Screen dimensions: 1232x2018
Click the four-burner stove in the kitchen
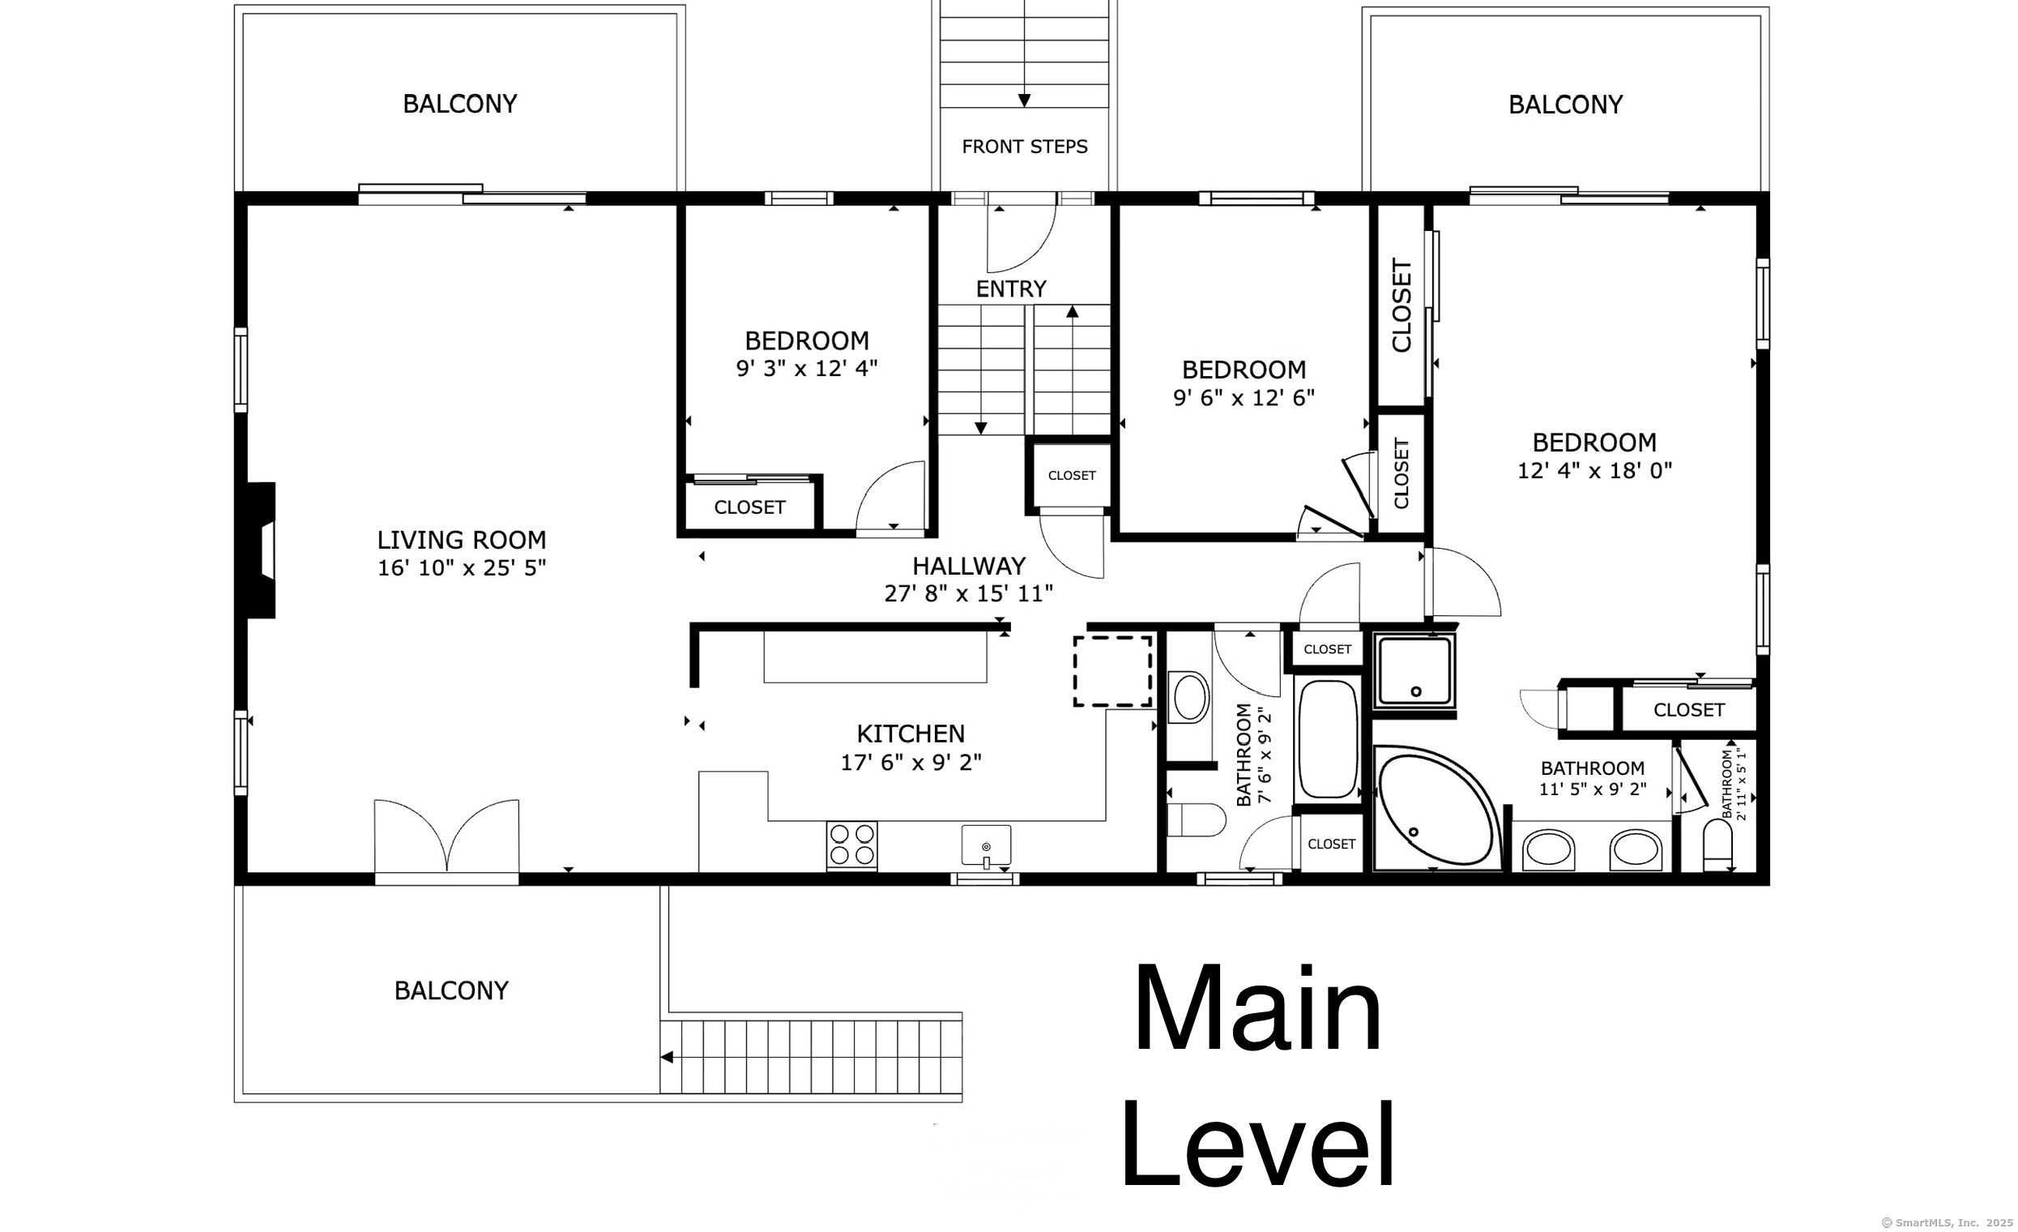(x=851, y=845)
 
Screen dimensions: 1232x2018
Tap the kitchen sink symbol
(x=986, y=846)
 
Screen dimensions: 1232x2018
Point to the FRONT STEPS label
(x=1025, y=147)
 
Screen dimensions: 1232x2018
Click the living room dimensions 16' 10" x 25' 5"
(x=461, y=567)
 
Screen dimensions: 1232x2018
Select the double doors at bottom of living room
(x=446, y=837)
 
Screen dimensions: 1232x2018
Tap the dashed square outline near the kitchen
(x=1113, y=671)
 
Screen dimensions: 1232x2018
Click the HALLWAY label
(x=969, y=566)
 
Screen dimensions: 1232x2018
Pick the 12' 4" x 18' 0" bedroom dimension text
(x=1593, y=470)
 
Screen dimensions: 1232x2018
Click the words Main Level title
(x=1258, y=1081)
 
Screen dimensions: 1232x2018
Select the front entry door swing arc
(x=1022, y=239)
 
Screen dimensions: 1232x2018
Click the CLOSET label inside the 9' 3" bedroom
(x=749, y=507)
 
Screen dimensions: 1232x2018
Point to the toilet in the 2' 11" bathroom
(x=1717, y=845)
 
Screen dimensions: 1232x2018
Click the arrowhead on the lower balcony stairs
(x=667, y=1058)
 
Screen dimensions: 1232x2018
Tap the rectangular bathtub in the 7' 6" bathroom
(x=1328, y=740)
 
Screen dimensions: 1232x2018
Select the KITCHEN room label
(x=911, y=734)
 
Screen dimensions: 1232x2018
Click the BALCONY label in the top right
(x=1565, y=105)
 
